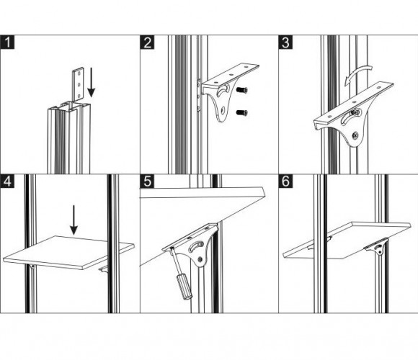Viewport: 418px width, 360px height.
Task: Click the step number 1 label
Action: (7, 42)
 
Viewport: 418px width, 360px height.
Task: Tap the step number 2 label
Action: (147, 42)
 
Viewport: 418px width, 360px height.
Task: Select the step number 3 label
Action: (285, 42)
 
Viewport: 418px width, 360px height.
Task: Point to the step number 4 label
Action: (7, 181)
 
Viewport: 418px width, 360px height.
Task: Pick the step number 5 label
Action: (147, 181)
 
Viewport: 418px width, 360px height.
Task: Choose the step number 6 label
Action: (285, 181)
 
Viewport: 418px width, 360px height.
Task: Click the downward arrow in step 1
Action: (92, 82)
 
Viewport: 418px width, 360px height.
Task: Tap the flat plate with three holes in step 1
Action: (79, 84)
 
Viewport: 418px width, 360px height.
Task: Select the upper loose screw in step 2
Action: (241, 90)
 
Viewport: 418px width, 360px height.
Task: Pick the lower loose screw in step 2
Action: (241, 113)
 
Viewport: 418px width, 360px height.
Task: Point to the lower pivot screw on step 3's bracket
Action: (355, 135)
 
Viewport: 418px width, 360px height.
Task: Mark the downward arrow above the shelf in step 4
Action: (74, 220)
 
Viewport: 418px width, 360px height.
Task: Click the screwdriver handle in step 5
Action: (184, 287)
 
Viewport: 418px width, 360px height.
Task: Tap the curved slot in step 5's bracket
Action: (196, 246)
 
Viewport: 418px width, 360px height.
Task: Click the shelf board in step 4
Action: (68, 252)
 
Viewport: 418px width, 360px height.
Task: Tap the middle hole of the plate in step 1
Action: (79, 85)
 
